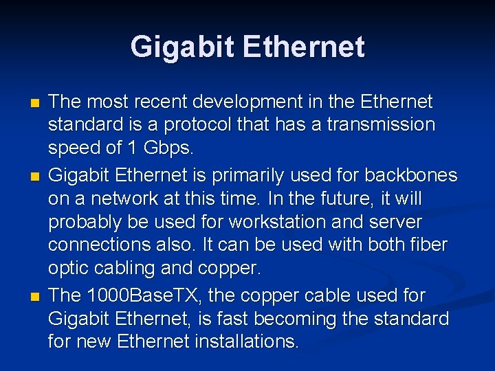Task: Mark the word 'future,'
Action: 365,199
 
